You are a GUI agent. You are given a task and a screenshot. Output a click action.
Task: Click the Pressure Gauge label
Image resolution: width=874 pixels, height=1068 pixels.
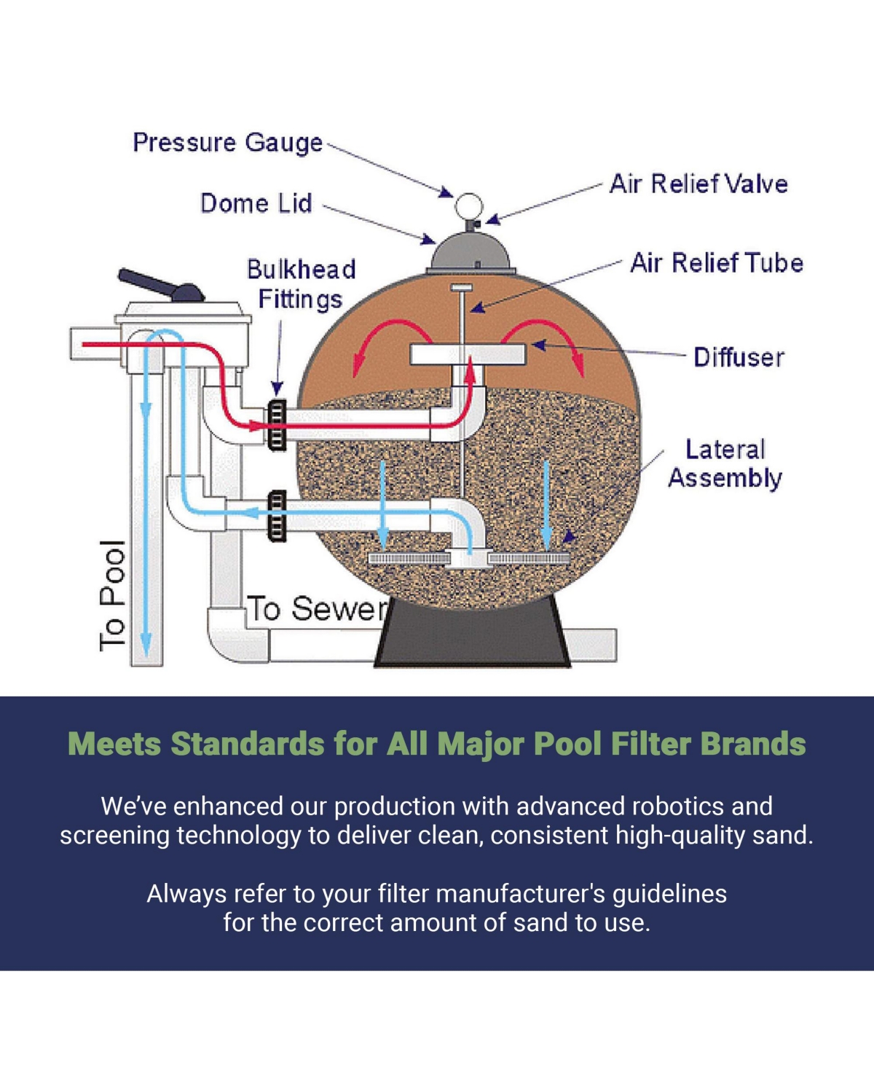coord(227,143)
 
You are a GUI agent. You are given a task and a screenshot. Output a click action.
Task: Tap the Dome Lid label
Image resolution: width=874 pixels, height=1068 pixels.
coord(256,203)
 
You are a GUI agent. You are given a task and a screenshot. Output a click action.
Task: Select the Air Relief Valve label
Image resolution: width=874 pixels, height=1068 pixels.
coord(698,184)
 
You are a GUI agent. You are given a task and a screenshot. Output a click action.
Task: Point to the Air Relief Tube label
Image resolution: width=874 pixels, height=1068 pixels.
coord(717,263)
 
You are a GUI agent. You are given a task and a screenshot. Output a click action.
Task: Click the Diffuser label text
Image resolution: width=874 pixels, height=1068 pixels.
coord(739,358)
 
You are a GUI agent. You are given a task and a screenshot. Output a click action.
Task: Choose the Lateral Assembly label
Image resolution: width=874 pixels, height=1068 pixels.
coord(725,464)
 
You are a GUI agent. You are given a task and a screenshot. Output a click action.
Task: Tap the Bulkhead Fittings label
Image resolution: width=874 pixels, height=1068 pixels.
coord(301,284)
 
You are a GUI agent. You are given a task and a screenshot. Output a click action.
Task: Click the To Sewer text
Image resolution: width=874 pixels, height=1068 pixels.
coord(318,609)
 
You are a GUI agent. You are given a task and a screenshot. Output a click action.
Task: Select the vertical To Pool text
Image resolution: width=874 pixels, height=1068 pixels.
coord(113,595)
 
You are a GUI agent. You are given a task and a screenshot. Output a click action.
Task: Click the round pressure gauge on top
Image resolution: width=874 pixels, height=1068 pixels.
coord(468,206)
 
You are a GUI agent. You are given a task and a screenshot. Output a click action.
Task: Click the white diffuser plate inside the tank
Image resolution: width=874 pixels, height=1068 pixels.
coord(468,354)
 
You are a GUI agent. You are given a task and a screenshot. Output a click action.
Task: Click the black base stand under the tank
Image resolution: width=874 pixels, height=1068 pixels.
coord(472,634)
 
